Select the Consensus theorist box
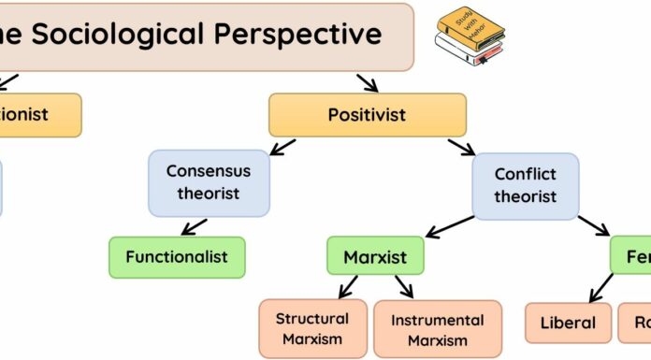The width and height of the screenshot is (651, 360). pos(210,182)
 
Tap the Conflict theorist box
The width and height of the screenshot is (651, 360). pos(525,185)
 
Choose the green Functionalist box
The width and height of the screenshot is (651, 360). pos(178,256)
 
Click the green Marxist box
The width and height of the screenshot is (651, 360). pos(375,256)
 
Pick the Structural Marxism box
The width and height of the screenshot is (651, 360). pos(311,328)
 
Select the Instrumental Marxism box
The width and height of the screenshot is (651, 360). pos(437,328)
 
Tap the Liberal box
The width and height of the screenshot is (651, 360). pos(568,323)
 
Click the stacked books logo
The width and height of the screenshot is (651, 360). pos(470,38)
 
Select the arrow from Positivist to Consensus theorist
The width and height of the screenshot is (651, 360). pos(280,147)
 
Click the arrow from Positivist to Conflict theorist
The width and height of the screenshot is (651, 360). pos(461,148)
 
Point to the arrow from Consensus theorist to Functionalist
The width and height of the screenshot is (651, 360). pos(195,225)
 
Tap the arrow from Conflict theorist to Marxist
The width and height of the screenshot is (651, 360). pos(450,224)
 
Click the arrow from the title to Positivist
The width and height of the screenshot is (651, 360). pos(366,81)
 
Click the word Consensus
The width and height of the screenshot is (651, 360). pos(210,172)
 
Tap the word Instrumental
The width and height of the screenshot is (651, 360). pos(437,319)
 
